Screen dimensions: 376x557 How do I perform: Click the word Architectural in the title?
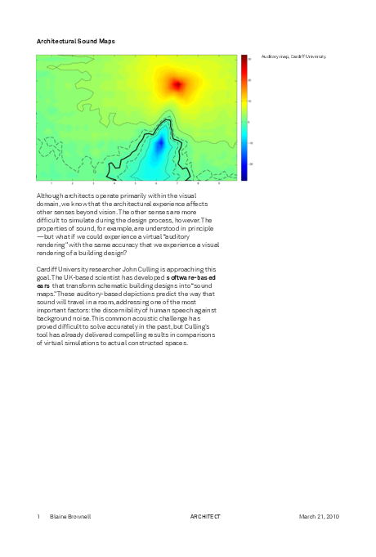(57, 40)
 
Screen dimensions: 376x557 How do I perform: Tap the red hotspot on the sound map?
(177, 83)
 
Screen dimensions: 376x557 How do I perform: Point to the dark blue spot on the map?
(159, 145)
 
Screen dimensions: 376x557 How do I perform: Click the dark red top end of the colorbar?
(244, 59)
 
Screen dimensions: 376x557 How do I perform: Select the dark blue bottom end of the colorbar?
(244, 176)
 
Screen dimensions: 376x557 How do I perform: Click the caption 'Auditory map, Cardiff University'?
(293, 56)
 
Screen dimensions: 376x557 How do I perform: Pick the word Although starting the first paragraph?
(51, 196)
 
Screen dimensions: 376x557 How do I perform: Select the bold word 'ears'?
(43, 285)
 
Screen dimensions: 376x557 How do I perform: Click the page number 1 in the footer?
(38, 517)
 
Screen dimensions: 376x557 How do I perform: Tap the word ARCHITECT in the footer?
(205, 517)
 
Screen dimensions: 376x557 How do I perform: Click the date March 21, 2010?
(319, 517)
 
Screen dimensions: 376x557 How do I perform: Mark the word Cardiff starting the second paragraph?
(48, 269)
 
